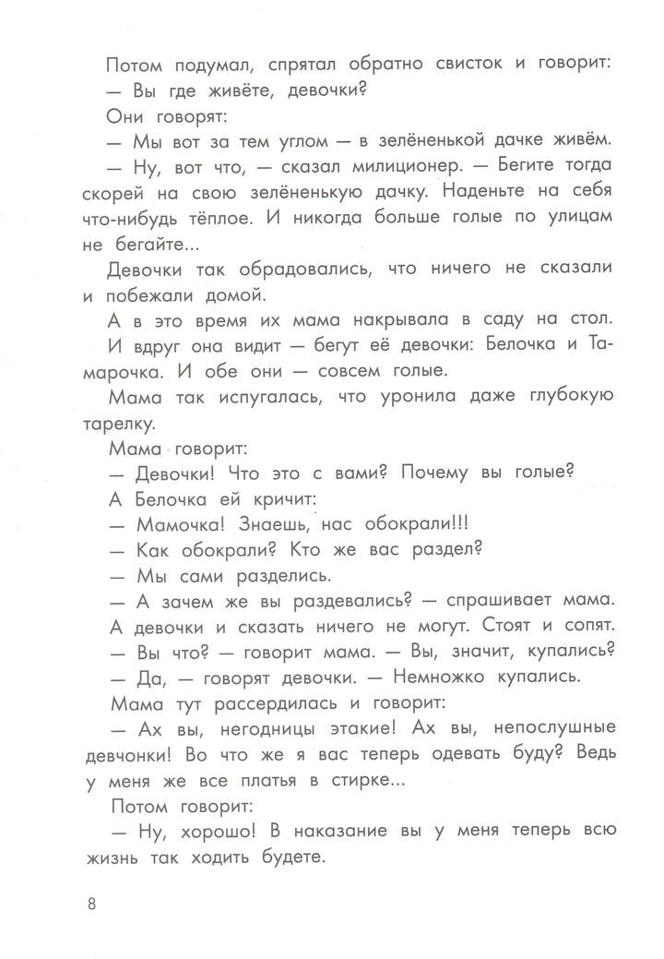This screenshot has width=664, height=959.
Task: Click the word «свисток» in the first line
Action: [410, 66]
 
